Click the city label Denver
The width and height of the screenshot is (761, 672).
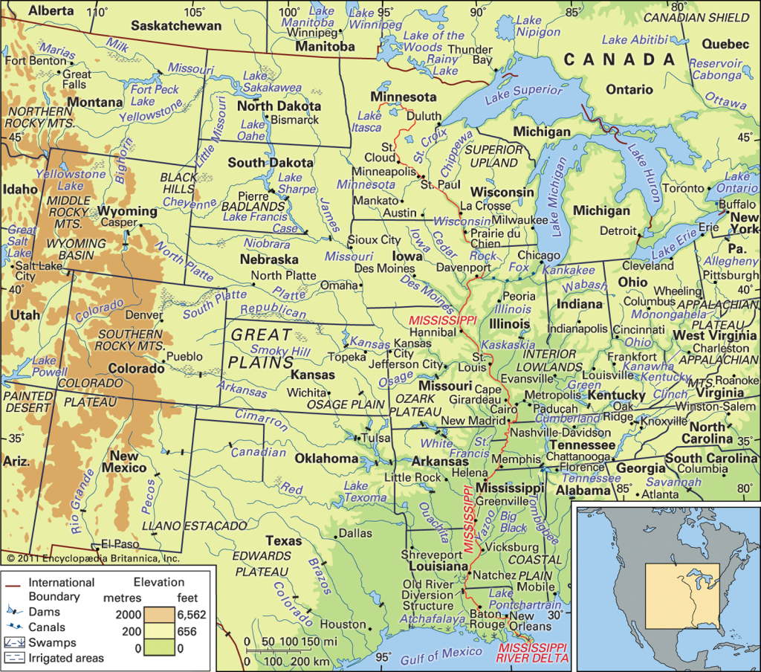click(144, 314)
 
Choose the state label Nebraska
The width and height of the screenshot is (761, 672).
click(268, 260)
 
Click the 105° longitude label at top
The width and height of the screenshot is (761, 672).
click(195, 11)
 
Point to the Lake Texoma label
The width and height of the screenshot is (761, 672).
click(365, 491)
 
